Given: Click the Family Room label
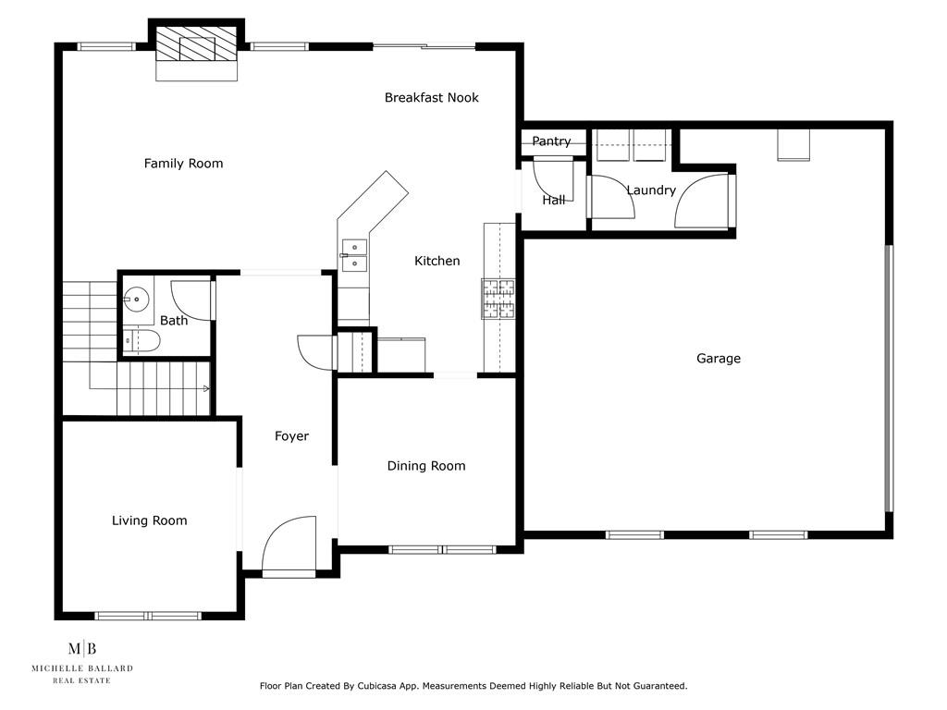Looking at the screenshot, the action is [184, 163].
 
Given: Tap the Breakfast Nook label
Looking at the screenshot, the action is [431, 97].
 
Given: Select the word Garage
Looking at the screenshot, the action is [718, 359].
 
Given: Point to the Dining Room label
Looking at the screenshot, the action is [426, 466].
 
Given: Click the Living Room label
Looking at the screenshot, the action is [149, 520].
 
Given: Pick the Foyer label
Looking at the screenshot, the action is [291, 436].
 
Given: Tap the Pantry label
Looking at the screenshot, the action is [551, 141].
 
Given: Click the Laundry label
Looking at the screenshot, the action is [651, 190].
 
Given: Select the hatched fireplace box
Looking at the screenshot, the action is [197, 43].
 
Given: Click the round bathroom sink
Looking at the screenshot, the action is [137, 299].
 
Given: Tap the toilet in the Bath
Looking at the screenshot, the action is [141, 341].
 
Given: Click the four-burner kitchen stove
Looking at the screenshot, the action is [498, 299].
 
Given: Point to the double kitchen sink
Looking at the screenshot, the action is [354, 255].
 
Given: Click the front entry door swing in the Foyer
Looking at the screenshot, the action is [289, 544].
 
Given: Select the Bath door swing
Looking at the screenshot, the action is [193, 300].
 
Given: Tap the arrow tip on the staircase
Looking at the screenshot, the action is [209, 388].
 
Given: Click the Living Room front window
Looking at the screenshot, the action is [148, 616].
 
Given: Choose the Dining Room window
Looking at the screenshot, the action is [443, 549].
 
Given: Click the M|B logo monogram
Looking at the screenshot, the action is [82, 649].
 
